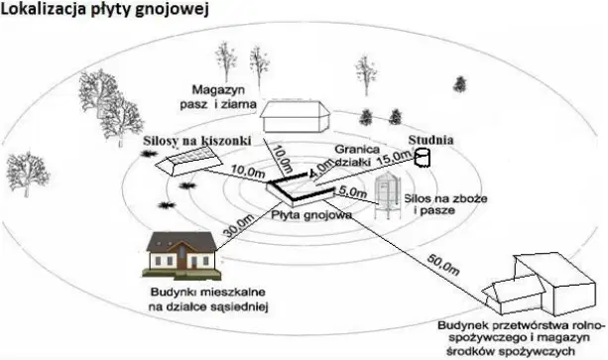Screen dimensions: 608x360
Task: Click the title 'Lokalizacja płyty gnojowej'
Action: [105, 9]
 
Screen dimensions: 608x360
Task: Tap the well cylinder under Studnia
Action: [423, 158]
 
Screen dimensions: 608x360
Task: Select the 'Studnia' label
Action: [430, 140]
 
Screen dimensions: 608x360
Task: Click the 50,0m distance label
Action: [443, 264]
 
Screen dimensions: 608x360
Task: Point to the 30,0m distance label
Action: [238, 225]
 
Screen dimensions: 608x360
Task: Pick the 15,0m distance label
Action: [395, 159]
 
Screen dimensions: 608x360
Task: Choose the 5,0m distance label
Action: [352, 191]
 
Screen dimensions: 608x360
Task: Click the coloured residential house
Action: [182, 256]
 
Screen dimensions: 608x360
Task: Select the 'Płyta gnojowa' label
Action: [311, 214]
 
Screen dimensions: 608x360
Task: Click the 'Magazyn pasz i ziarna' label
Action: [218, 97]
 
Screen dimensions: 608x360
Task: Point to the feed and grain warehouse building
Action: [295, 116]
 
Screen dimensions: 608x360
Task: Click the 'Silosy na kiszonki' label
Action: [197, 140]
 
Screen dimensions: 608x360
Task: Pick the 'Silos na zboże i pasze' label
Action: [445, 204]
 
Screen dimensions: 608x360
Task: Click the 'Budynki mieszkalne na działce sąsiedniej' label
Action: [208, 300]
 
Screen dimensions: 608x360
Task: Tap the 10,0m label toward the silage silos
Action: [248, 172]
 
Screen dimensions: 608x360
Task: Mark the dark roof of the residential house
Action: [182, 242]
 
